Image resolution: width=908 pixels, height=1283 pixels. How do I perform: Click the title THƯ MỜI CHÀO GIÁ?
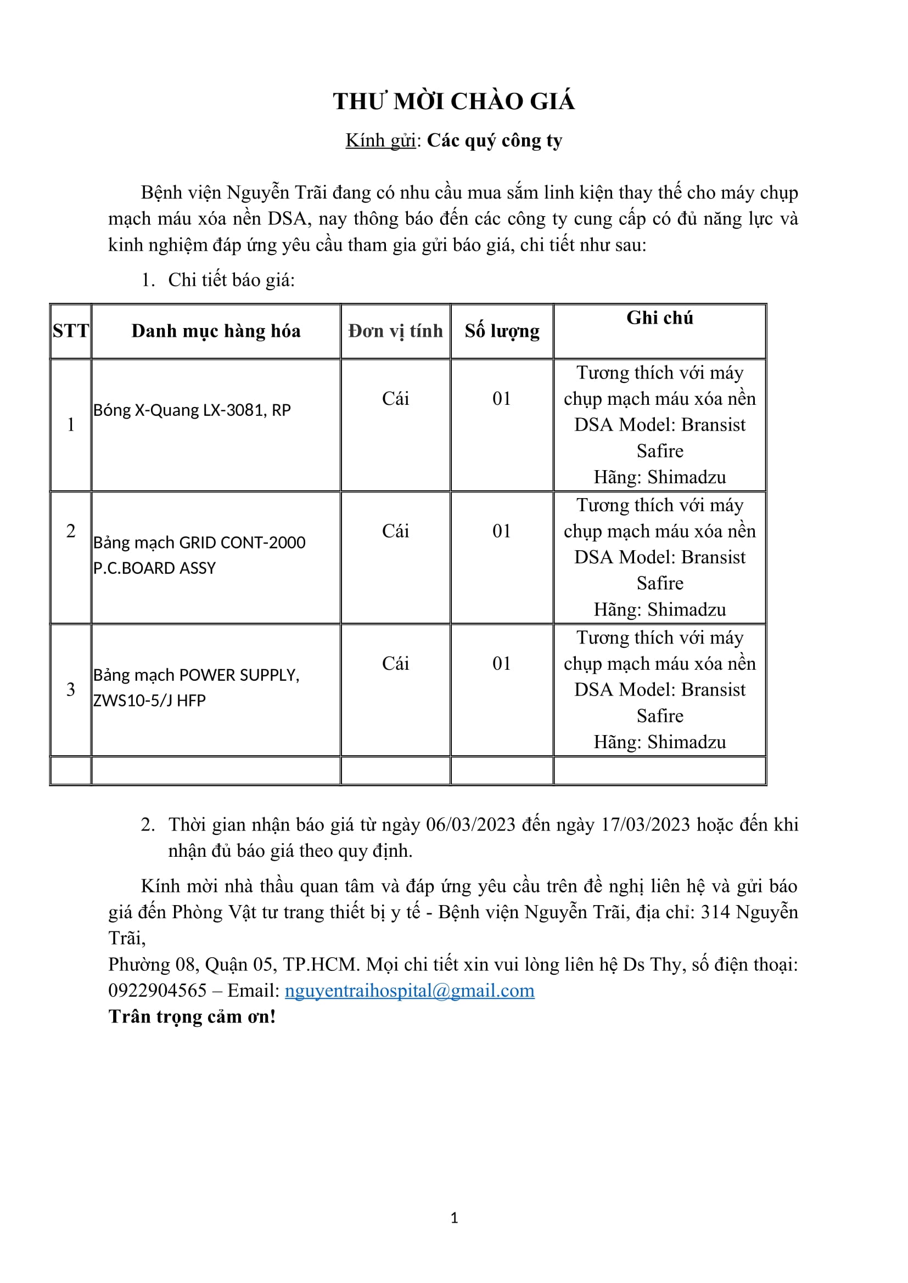click(x=453, y=101)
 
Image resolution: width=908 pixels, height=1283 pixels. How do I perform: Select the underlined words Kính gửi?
click(x=380, y=140)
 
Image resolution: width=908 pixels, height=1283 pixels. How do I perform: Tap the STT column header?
click(x=70, y=331)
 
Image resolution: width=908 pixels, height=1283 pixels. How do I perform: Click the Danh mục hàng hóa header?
click(x=216, y=331)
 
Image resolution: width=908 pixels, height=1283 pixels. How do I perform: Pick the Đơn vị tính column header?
click(x=395, y=331)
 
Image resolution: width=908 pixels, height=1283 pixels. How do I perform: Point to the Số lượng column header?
click(x=502, y=331)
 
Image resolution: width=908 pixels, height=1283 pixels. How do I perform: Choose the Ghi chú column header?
click(x=659, y=318)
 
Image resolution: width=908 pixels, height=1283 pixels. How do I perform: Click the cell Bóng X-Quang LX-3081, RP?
click(x=192, y=410)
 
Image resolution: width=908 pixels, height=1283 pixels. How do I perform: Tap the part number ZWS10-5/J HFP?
click(x=149, y=700)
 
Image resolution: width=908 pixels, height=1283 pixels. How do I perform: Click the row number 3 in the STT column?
click(x=70, y=689)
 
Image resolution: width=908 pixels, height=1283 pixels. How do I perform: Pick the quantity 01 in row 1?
click(x=502, y=398)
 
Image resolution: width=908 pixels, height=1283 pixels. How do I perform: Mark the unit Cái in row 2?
click(x=395, y=531)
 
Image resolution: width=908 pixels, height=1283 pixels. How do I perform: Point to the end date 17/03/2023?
click(x=645, y=825)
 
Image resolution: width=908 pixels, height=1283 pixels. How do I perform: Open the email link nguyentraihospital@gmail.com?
click(x=410, y=991)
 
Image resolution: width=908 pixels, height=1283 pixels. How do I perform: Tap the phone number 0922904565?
click(x=158, y=991)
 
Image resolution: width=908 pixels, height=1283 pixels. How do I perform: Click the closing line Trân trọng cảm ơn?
click(x=192, y=1016)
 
